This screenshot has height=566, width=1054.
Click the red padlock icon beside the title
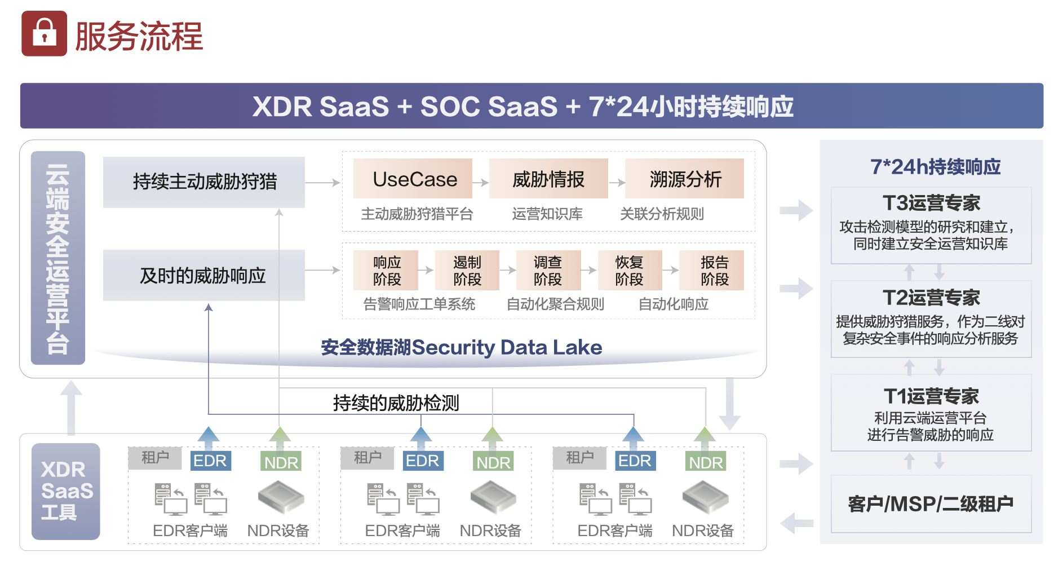(44, 33)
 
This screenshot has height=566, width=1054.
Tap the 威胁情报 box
(548, 179)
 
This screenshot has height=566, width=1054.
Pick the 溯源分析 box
(684, 179)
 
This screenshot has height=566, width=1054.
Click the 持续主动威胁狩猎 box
(203, 182)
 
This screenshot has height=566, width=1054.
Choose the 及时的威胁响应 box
(203, 275)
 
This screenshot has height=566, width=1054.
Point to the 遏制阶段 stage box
(467, 271)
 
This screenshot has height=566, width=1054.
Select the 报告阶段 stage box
(714, 271)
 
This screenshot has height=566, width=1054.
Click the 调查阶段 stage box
(547, 271)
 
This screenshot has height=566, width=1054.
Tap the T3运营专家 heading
(931, 203)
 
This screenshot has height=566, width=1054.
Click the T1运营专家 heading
(931, 396)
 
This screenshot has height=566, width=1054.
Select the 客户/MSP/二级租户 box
(931, 503)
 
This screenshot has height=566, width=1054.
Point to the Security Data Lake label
(461, 347)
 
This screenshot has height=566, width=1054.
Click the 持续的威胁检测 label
(396, 403)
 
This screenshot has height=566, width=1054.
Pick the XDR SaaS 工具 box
(66, 491)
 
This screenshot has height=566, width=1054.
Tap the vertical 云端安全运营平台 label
(58, 258)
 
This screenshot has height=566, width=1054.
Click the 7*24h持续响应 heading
(935, 167)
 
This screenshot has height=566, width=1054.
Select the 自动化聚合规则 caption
(555, 304)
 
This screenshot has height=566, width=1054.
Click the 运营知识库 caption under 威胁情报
(547, 214)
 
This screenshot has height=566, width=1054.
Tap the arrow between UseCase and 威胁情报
(481, 182)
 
